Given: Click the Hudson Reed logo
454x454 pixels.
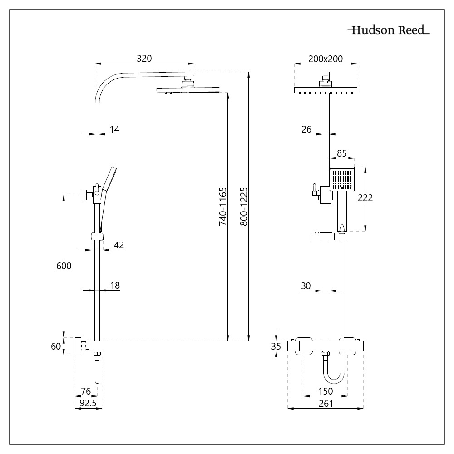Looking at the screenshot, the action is [389, 30].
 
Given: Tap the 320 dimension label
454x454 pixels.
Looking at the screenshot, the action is [144, 59].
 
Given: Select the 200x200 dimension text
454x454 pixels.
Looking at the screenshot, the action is [326, 59].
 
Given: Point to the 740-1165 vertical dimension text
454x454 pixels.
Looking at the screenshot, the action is [222, 207].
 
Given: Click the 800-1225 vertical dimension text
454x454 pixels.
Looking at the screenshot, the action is [244, 207].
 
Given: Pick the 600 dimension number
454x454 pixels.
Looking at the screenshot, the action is [64, 266].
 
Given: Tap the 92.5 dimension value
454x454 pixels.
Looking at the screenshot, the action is [88, 403].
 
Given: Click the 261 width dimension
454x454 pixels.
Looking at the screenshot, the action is [326, 403].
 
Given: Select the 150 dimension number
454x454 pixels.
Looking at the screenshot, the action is [326, 391].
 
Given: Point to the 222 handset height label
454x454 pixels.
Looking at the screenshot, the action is [365, 198].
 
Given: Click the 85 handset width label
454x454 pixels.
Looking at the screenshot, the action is [342, 153].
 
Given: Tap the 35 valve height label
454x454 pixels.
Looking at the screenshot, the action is [276, 346].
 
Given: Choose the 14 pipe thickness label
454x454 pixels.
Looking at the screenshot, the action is [115, 129].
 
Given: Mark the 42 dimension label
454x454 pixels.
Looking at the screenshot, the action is [118, 245].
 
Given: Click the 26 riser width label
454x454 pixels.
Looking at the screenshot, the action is [306, 129].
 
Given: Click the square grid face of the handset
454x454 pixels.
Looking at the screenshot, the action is [342, 179].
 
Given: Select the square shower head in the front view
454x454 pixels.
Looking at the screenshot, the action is [326, 90].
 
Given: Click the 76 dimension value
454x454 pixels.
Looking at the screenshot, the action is [86, 391].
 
